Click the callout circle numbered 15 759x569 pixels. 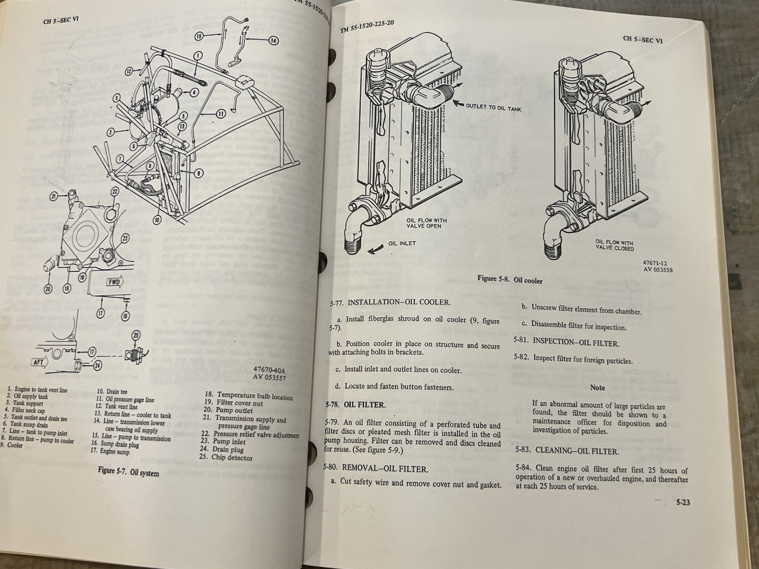pyautogui.click(x=199, y=36)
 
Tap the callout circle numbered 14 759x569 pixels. pyautogui.click(x=273, y=40)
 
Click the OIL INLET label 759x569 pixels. pyautogui.click(x=402, y=243)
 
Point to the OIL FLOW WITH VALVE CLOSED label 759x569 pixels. pyautogui.click(x=614, y=245)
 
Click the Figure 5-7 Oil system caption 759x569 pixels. pyautogui.click(x=129, y=473)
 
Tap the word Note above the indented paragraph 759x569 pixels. pyautogui.click(x=597, y=387)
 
